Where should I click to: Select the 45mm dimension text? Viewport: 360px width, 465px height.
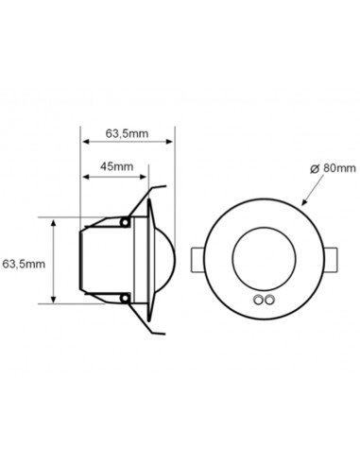pos(116,165)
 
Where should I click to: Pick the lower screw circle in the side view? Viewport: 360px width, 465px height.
pos(125,299)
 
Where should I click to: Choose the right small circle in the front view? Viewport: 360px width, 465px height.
pos(271,301)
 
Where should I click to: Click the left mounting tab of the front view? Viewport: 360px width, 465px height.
pos(198,260)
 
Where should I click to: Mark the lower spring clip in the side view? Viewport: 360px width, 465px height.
pos(142,319)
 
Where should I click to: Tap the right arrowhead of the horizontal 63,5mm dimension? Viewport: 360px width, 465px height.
pos(171,141)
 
